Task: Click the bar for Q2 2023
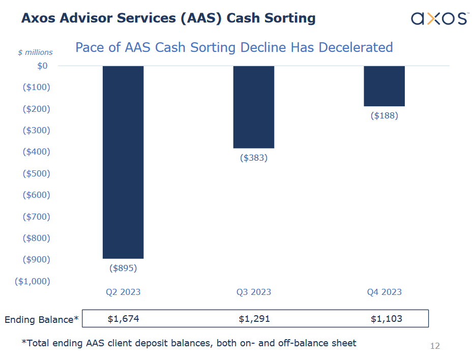(123, 162)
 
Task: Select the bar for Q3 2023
(254, 107)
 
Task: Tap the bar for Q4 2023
(384, 86)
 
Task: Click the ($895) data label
(123, 267)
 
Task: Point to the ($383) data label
(254, 158)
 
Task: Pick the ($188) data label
(384, 115)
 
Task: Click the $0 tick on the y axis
(42, 66)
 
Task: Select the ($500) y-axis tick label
(37, 173)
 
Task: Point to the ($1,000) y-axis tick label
(33, 281)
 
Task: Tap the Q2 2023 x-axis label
(123, 292)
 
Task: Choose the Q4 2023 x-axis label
(384, 292)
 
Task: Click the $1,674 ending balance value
(123, 319)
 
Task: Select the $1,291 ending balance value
(254, 319)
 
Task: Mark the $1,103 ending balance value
(386, 319)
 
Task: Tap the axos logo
(439, 19)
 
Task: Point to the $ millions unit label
(35, 52)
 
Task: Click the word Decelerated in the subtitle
(355, 47)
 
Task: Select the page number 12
(435, 346)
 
